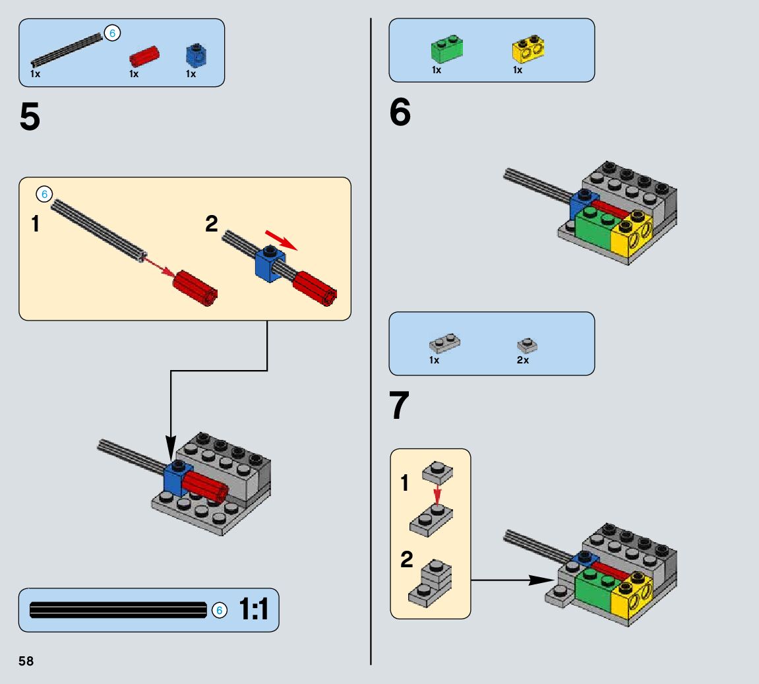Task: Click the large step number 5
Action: point(30,117)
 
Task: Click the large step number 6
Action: point(400,113)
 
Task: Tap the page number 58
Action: point(26,661)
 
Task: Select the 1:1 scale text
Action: point(254,609)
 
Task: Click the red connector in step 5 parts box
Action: point(144,56)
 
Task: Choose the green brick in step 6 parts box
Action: point(446,48)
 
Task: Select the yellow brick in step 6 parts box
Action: point(528,48)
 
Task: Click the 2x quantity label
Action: point(522,360)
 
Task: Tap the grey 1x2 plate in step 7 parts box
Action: point(444,343)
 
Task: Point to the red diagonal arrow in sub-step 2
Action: point(280,240)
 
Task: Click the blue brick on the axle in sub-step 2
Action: point(268,263)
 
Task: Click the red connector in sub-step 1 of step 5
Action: point(195,289)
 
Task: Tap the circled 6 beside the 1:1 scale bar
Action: point(220,611)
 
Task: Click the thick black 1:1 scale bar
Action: point(119,611)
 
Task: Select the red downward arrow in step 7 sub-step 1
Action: point(437,493)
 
